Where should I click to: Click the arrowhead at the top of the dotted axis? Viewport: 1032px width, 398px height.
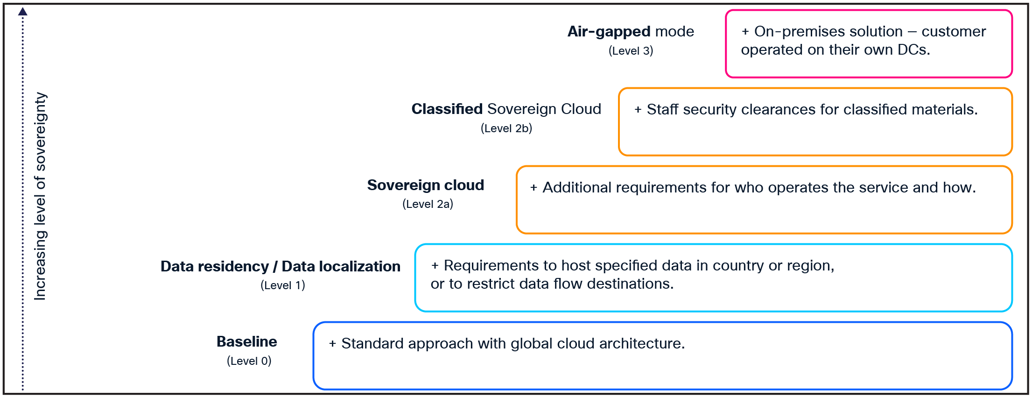coord(22,12)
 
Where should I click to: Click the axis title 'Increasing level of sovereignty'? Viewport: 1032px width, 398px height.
coord(40,196)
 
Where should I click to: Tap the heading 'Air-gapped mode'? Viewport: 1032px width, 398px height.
coord(631,31)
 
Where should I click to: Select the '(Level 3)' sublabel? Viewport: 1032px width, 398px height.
coord(631,51)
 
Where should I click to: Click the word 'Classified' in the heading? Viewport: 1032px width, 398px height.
coord(447,109)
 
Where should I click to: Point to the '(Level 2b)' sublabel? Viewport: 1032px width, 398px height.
coord(506,128)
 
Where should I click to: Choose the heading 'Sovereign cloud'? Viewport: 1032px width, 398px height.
coord(425,185)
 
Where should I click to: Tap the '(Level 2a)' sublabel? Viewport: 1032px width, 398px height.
coord(428,204)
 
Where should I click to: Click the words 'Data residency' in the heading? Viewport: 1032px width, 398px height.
coord(214,266)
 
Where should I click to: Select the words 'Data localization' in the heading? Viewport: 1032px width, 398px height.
coord(341,266)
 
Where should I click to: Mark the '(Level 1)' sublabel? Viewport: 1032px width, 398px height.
coord(282,285)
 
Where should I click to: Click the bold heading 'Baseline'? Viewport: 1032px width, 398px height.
coord(246,341)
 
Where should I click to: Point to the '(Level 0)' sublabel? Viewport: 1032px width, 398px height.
coord(249,361)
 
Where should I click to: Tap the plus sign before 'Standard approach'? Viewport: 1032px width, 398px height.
coord(332,344)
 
